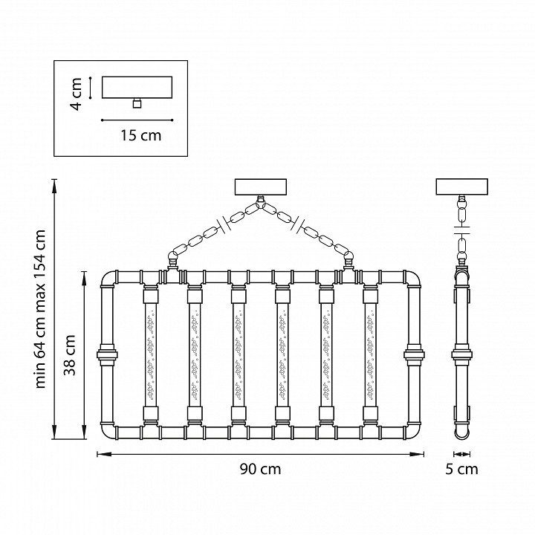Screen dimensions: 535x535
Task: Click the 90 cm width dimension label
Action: coord(260,469)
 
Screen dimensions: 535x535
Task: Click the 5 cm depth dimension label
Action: coord(462,469)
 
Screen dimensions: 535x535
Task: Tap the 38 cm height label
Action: coord(71,355)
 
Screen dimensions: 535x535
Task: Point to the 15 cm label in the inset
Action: coord(140,135)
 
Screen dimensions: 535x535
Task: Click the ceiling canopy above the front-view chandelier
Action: coord(260,187)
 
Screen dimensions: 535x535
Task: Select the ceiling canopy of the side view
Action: coord(461,187)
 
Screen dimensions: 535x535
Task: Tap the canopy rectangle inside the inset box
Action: coord(136,87)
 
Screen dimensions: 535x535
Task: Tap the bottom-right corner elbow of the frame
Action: coord(412,429)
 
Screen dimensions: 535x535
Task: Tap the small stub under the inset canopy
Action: coord(136,103)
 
